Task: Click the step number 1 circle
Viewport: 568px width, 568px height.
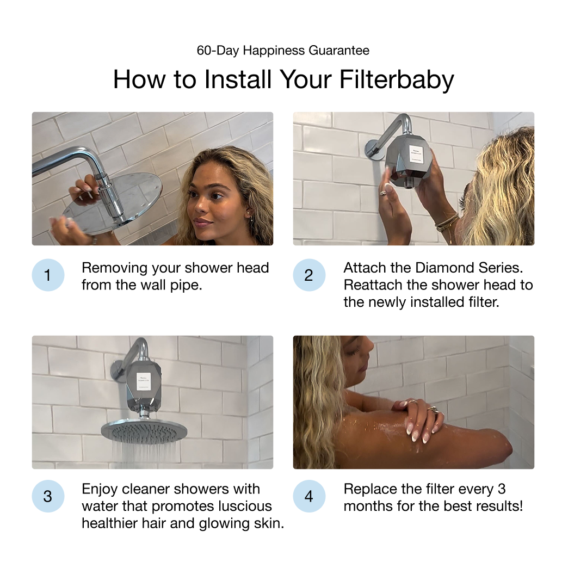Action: pos(47,275)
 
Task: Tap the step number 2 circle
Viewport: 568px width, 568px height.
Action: pos(309,275)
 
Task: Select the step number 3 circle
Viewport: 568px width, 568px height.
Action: pos(47,496)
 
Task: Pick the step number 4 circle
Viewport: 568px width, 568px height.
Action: pos(309,496)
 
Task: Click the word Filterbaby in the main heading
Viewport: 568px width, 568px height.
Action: pos(396,79)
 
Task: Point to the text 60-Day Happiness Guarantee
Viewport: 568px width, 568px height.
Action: pos(283,51)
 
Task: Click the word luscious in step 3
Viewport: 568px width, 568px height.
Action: pos(240,506)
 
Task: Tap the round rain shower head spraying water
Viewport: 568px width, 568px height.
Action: pos(144,430)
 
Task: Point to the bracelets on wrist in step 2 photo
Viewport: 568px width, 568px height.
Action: pos(447,222)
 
